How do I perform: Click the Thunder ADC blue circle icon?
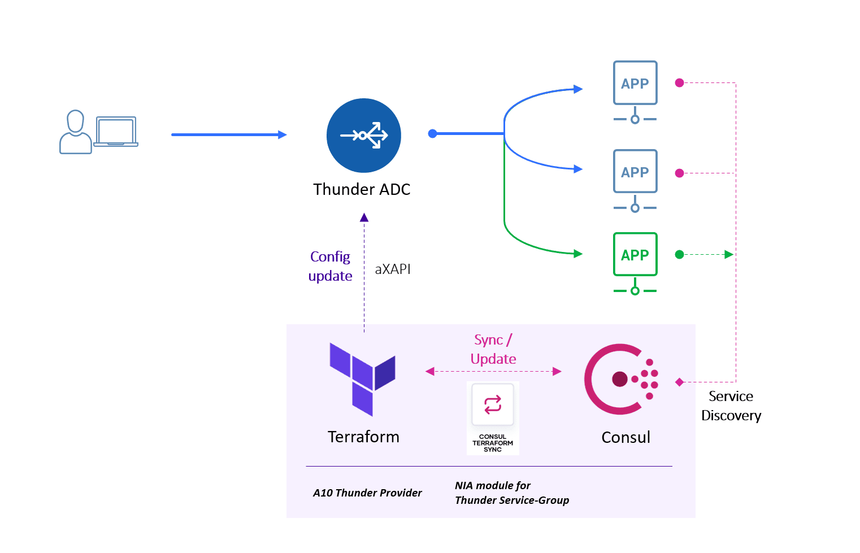click(363, 136)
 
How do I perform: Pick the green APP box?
click(635, 255)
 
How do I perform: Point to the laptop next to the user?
click(116, 132)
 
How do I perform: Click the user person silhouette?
click(75, 132)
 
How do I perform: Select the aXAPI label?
click(393, 269)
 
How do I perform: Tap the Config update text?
click(331, 266)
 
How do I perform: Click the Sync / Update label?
click(493, 349)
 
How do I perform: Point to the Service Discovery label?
click(731, 406)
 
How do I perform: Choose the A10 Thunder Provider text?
click(367, 493)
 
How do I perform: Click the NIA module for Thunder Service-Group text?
click(511, 493)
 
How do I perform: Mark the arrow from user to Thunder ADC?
click(229, 134)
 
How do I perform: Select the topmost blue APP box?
click(635, 83)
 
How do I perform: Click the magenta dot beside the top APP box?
click(680, 83)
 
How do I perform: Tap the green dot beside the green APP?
click(680, 255)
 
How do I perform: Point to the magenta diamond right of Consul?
click(680, 382)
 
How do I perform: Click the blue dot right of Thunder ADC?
click(433, 134)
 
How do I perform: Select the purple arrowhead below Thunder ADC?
click(364, 217)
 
